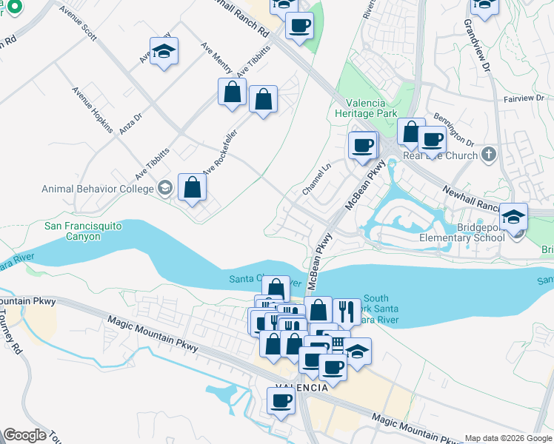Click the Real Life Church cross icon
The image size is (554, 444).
click(487, 154)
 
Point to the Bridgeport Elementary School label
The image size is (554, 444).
click(461, 232)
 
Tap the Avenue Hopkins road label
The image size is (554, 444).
click(93, 110)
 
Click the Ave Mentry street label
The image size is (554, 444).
click(217, 58)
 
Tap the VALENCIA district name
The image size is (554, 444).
click(302, 388)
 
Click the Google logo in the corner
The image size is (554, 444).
click(24, 435)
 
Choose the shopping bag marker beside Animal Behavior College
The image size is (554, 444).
click(192, 188)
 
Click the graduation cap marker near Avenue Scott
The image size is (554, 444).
click(164, 52)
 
